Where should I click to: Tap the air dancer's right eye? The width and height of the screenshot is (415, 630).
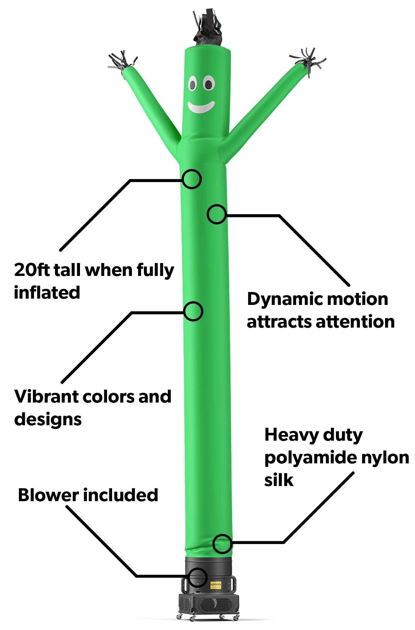click(x=208, y=84)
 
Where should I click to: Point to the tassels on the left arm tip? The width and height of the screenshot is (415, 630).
click(x=121, y=61)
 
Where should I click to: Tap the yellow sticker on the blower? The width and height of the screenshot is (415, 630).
click(x=216, y=585)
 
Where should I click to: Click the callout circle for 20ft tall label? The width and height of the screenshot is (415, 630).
click(x=192, y=179)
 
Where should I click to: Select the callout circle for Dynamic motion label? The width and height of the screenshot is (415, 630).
click(x=217, y=214)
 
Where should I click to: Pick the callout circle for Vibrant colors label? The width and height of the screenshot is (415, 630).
click(x=193, y=312)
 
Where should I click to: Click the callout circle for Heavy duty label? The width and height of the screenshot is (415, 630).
click(x=222, y=544)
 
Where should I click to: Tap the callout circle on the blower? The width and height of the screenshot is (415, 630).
click(x=198, y=577)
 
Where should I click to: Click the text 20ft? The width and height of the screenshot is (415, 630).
click(x=32, y=270)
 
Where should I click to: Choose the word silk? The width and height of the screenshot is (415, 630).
click(x=279, y=480)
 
